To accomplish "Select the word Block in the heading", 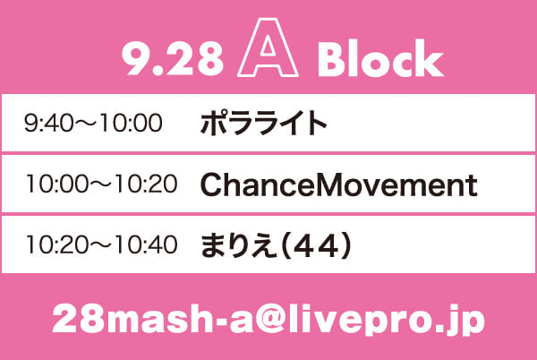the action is (x=380, y=58).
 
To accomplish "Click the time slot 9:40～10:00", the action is (x=93, y=124).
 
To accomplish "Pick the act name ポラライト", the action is (x=263, y=124).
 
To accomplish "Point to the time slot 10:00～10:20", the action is (x=102, y=184).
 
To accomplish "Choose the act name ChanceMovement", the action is (x=338, y=184).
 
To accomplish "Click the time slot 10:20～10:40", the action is (x=102, y=244).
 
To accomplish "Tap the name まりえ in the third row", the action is (x=238, y=244).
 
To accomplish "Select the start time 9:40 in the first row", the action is (x=48, y=124).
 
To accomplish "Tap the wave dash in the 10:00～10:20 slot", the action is (x=101, y=184).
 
